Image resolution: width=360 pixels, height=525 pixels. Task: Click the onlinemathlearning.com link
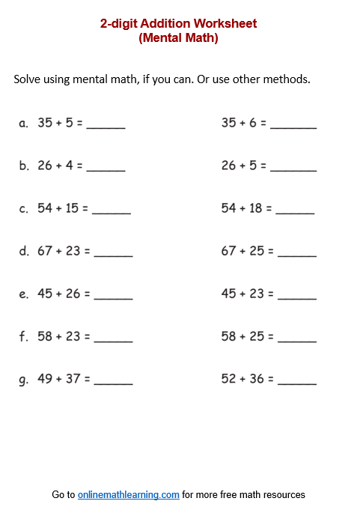tap(128, 495)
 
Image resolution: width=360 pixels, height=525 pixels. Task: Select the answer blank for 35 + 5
tap(106, 125)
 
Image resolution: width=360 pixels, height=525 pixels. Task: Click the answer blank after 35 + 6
tap(293, 125)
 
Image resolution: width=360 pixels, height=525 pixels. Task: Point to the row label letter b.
tap(24, 166)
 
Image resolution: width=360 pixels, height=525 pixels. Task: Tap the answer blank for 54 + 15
tap(112, 211)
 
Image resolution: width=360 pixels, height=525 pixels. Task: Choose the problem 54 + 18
tap(246, 208)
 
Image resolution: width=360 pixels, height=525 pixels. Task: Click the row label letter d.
tap(24, 252)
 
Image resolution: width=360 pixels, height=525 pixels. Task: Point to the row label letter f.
tap(24, 337)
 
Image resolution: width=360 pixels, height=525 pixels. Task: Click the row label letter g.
tap(24, 380)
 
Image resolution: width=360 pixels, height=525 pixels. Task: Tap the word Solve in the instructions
tap(28, 79)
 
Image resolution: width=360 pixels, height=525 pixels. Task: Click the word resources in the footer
tap(283, 495)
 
